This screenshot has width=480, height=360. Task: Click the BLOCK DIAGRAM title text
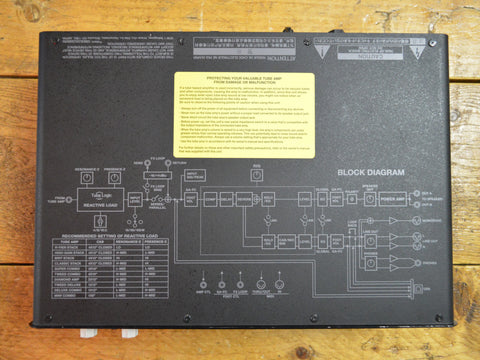click(371, 172)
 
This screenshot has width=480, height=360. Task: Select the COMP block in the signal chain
click(210, 199)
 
